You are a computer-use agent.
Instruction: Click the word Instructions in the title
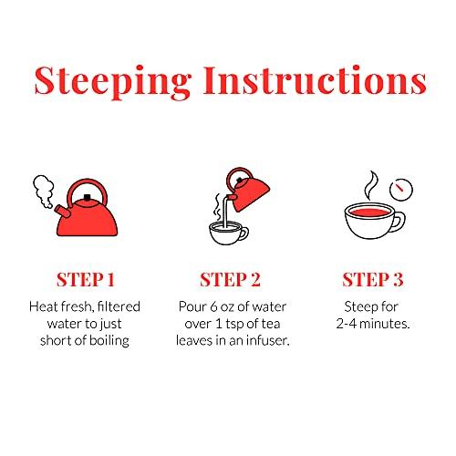[x=315, y=79]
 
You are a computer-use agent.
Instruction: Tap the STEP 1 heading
[x=86, y=280]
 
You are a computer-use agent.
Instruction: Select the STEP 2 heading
[x=230, y=280]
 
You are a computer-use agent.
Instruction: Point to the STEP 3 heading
[x=373, y=280]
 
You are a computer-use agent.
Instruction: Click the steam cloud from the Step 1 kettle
[x=44, y=190]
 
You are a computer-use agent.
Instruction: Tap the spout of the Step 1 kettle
[x=63, y=212]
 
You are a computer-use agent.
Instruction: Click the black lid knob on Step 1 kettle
[x=88, y=198]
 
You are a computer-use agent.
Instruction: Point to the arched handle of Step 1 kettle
[x=87, y=181]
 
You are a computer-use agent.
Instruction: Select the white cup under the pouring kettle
[x=228, y=233]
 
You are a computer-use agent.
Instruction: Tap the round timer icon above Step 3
[x=401, y=190]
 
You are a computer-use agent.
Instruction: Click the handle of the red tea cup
[x=400, y=221]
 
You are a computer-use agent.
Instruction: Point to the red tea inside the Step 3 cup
[x=368, y=211]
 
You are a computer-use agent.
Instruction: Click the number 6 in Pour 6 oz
[x=213, y=307]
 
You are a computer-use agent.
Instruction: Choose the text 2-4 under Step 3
[x=347, y=324]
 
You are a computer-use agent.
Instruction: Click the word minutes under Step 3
[x=385, y=324]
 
